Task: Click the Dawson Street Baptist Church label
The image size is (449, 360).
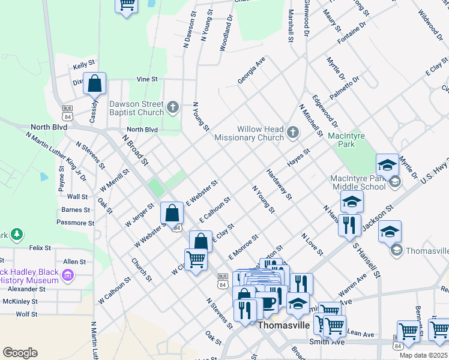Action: click(136, 108)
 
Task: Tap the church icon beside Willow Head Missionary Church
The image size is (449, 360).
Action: click(293, 133)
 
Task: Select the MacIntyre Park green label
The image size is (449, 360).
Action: click(346, 140)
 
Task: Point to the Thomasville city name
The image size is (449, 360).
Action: click(283, 325)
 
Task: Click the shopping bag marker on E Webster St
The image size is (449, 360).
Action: click(172, 212)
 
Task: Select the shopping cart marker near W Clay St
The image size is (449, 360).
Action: click(196, 259)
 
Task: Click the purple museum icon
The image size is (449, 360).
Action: click(67, 276)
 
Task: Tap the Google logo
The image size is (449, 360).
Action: click(20, 352)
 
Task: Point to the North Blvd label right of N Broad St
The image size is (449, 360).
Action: click(142, 130)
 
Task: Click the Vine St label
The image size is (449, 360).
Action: click(146, 79)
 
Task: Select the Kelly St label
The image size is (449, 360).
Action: click(84, 63)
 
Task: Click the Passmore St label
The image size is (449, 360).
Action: click(76, 223)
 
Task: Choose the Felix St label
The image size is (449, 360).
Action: click(40, 247)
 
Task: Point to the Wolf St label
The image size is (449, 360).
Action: click(26, 314)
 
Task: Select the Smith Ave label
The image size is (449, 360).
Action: click(327, 341)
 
